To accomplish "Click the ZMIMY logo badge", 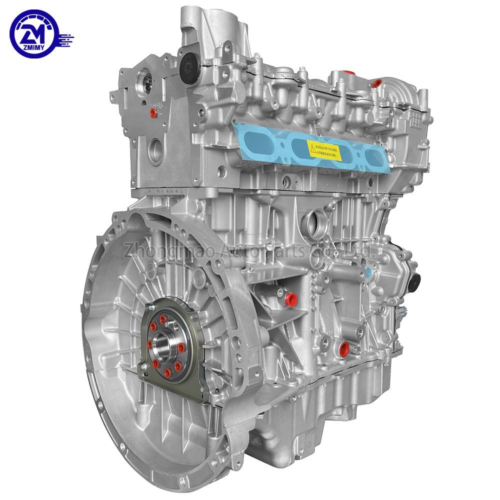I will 34,34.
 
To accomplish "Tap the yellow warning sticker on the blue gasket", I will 323,149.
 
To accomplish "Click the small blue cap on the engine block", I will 368,273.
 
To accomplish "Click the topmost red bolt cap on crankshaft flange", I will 164,318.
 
